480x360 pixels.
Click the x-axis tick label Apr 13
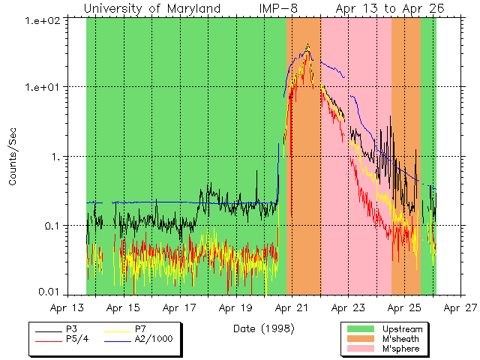point(67,307)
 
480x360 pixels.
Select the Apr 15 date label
point(123,307)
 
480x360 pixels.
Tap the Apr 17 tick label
point(179,307)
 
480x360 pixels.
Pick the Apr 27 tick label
point(459,307)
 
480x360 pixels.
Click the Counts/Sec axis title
point(13,157)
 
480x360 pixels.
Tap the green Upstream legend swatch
point(362,329)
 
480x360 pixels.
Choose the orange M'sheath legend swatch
point(362,339)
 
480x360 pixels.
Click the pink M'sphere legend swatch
point(362,349)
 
